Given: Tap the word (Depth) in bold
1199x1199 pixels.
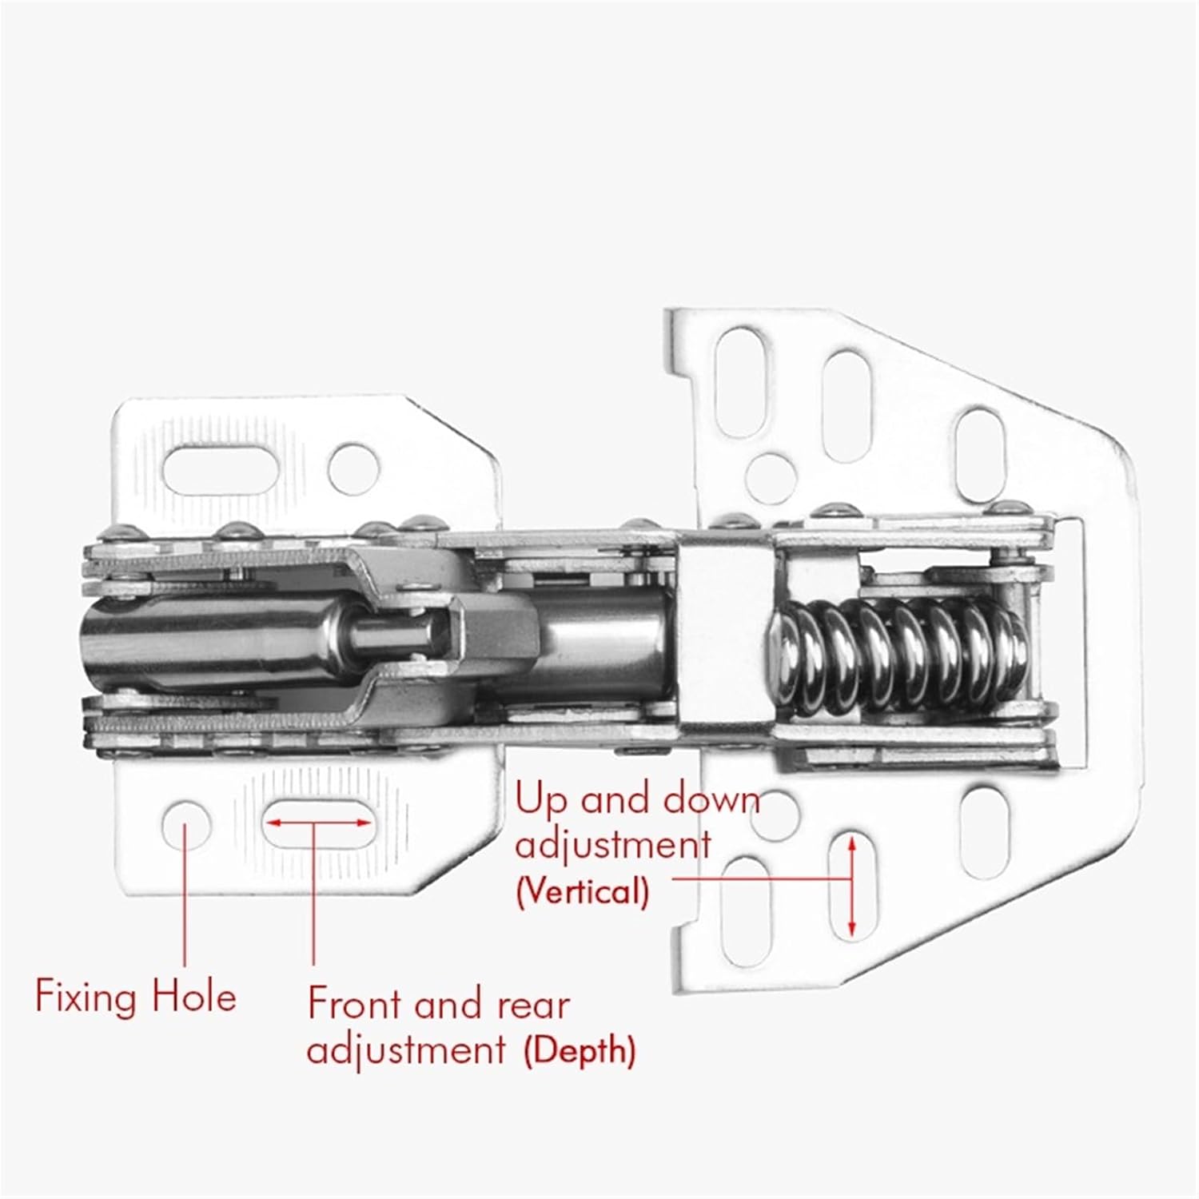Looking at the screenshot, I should click(580, 1050).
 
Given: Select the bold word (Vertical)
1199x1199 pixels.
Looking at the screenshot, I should click(582, 890).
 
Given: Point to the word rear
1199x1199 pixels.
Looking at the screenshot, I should click(533, 1004).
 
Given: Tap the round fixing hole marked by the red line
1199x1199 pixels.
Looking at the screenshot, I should click(186, 823).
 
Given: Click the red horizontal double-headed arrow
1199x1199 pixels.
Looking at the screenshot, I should click(317, 822).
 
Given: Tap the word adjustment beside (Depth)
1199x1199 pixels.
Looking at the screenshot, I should click(406, 1050).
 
